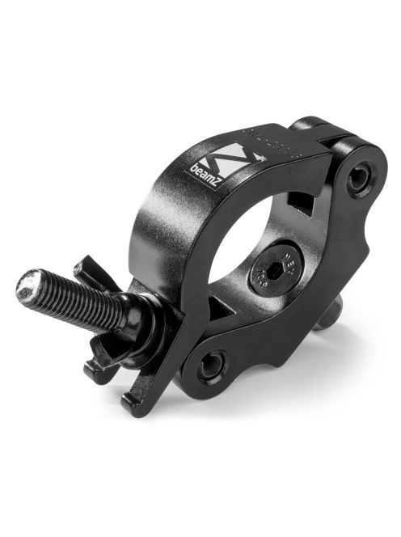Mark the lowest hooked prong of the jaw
point(133,404)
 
